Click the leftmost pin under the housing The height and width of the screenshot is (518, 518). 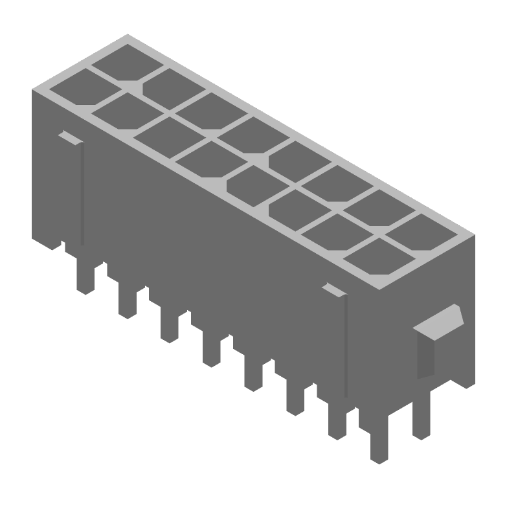pos(84,275)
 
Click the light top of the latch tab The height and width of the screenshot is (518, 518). pos(439,321)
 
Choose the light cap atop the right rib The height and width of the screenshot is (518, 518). pos(334,289)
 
